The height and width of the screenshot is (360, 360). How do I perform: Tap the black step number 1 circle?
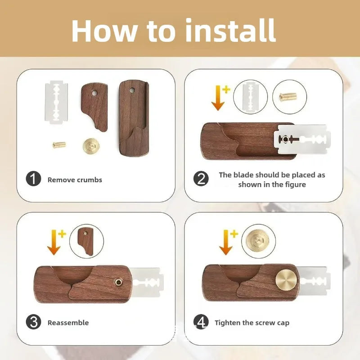pos(33,179)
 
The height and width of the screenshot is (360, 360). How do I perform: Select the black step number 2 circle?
pos(201,179)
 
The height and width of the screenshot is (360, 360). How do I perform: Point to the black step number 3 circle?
pos(33,322)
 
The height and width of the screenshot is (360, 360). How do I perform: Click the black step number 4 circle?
pos(201,322)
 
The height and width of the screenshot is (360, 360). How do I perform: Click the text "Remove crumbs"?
pos(75,180)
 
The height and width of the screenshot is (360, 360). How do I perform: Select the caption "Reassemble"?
pos(68,323)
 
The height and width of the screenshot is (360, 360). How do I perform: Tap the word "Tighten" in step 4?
pos(228,323)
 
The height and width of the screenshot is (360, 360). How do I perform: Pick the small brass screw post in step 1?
pos(59,144)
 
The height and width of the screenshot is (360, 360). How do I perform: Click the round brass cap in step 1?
pos(90,146)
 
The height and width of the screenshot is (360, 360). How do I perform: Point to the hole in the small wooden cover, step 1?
pos(95,93)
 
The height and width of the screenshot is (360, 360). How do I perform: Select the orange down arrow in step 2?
pos(218,98)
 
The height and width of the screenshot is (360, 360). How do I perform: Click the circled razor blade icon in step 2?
pos(250,97)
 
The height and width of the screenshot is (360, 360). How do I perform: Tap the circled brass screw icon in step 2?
pos(289,97)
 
